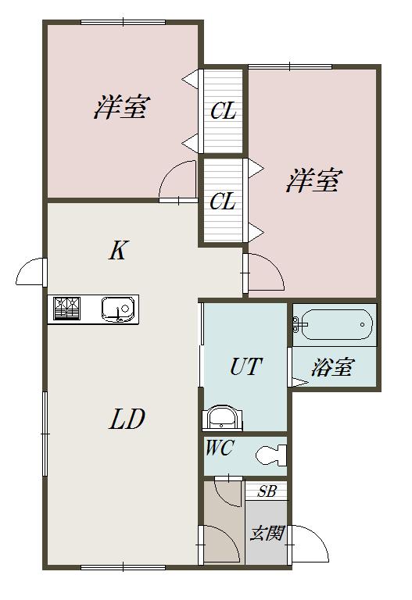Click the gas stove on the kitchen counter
point(67,309)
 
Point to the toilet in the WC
point(271,455)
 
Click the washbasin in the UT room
point(222,418)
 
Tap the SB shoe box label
point(267,491)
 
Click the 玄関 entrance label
point(267,533)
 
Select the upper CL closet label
point(224,112)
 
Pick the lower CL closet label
point(223,201)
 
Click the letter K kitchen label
point(118,251)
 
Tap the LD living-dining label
point(127,419)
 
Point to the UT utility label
point(246,366)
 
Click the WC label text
point(220,448)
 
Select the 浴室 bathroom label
point(332,367)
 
